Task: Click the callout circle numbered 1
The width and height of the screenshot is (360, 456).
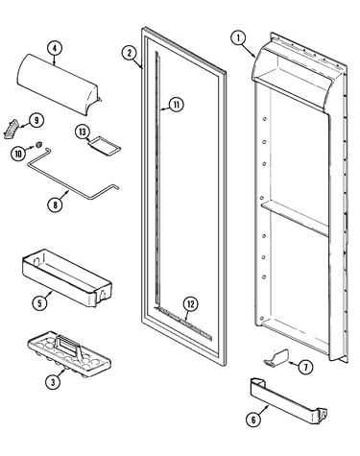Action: (238, 38)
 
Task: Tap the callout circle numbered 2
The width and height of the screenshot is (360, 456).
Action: (130, 53)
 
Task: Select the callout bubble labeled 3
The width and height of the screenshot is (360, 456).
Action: (53, 382)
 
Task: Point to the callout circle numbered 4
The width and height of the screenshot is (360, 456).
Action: (55, 49)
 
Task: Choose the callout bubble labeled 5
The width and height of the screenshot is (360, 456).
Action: (40, 302)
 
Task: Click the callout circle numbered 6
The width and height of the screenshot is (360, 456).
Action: (253, 420)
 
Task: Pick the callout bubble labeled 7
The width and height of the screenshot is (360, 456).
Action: (305, 368)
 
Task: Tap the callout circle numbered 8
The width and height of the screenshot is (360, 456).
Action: (55, 204)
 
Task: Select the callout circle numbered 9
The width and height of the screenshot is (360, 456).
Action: (36, 120)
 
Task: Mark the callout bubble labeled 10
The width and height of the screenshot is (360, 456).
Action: (18, 154)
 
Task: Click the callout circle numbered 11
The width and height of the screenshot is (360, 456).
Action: (177, 105)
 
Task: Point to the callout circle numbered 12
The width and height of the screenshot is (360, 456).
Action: (190, 304)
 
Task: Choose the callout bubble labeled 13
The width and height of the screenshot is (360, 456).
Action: (83, 132)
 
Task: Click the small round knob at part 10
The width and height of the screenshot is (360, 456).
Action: (39, 145)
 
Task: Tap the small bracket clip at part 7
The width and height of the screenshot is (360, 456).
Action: (276, 357)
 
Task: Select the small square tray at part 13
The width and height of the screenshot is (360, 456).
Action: (105, 147)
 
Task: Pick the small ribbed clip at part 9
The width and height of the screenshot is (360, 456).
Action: (12, 129)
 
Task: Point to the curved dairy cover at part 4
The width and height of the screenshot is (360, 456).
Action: (57, 84)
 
